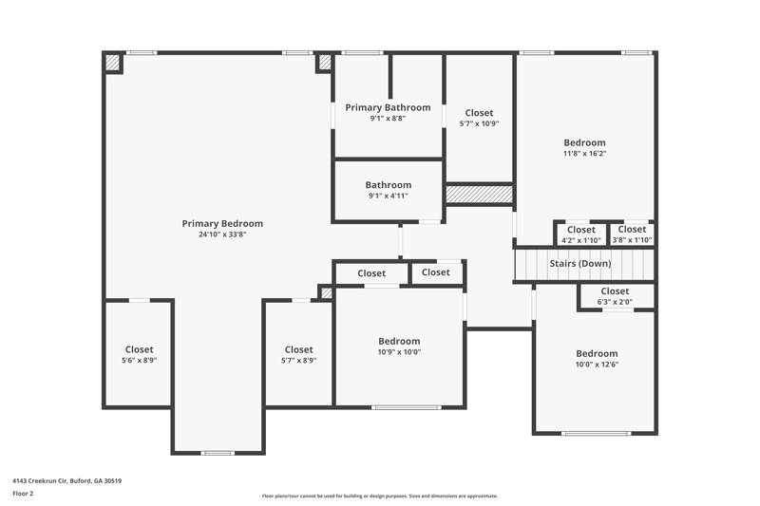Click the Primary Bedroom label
point(222,224)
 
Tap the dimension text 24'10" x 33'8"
point(222,234)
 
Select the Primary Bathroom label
point(388,108)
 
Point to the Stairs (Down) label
point(580,263)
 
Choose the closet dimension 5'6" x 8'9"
point(139,361)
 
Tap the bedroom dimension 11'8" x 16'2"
point(584,153)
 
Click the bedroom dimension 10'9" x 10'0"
point(399,352)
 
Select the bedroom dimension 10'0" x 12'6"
point(596,365)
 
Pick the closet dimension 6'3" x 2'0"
point(615,302)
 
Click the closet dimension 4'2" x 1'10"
point(580,240)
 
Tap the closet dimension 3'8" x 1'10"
point(632,240)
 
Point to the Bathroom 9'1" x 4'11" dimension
point(388,196)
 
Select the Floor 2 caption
point(24,495)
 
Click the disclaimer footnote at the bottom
point(379,496)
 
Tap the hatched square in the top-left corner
point(113,63)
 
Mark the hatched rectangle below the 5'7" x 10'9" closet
point(479,194)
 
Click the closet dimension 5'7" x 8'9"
point(298,361)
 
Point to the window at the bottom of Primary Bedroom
point(218,452)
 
